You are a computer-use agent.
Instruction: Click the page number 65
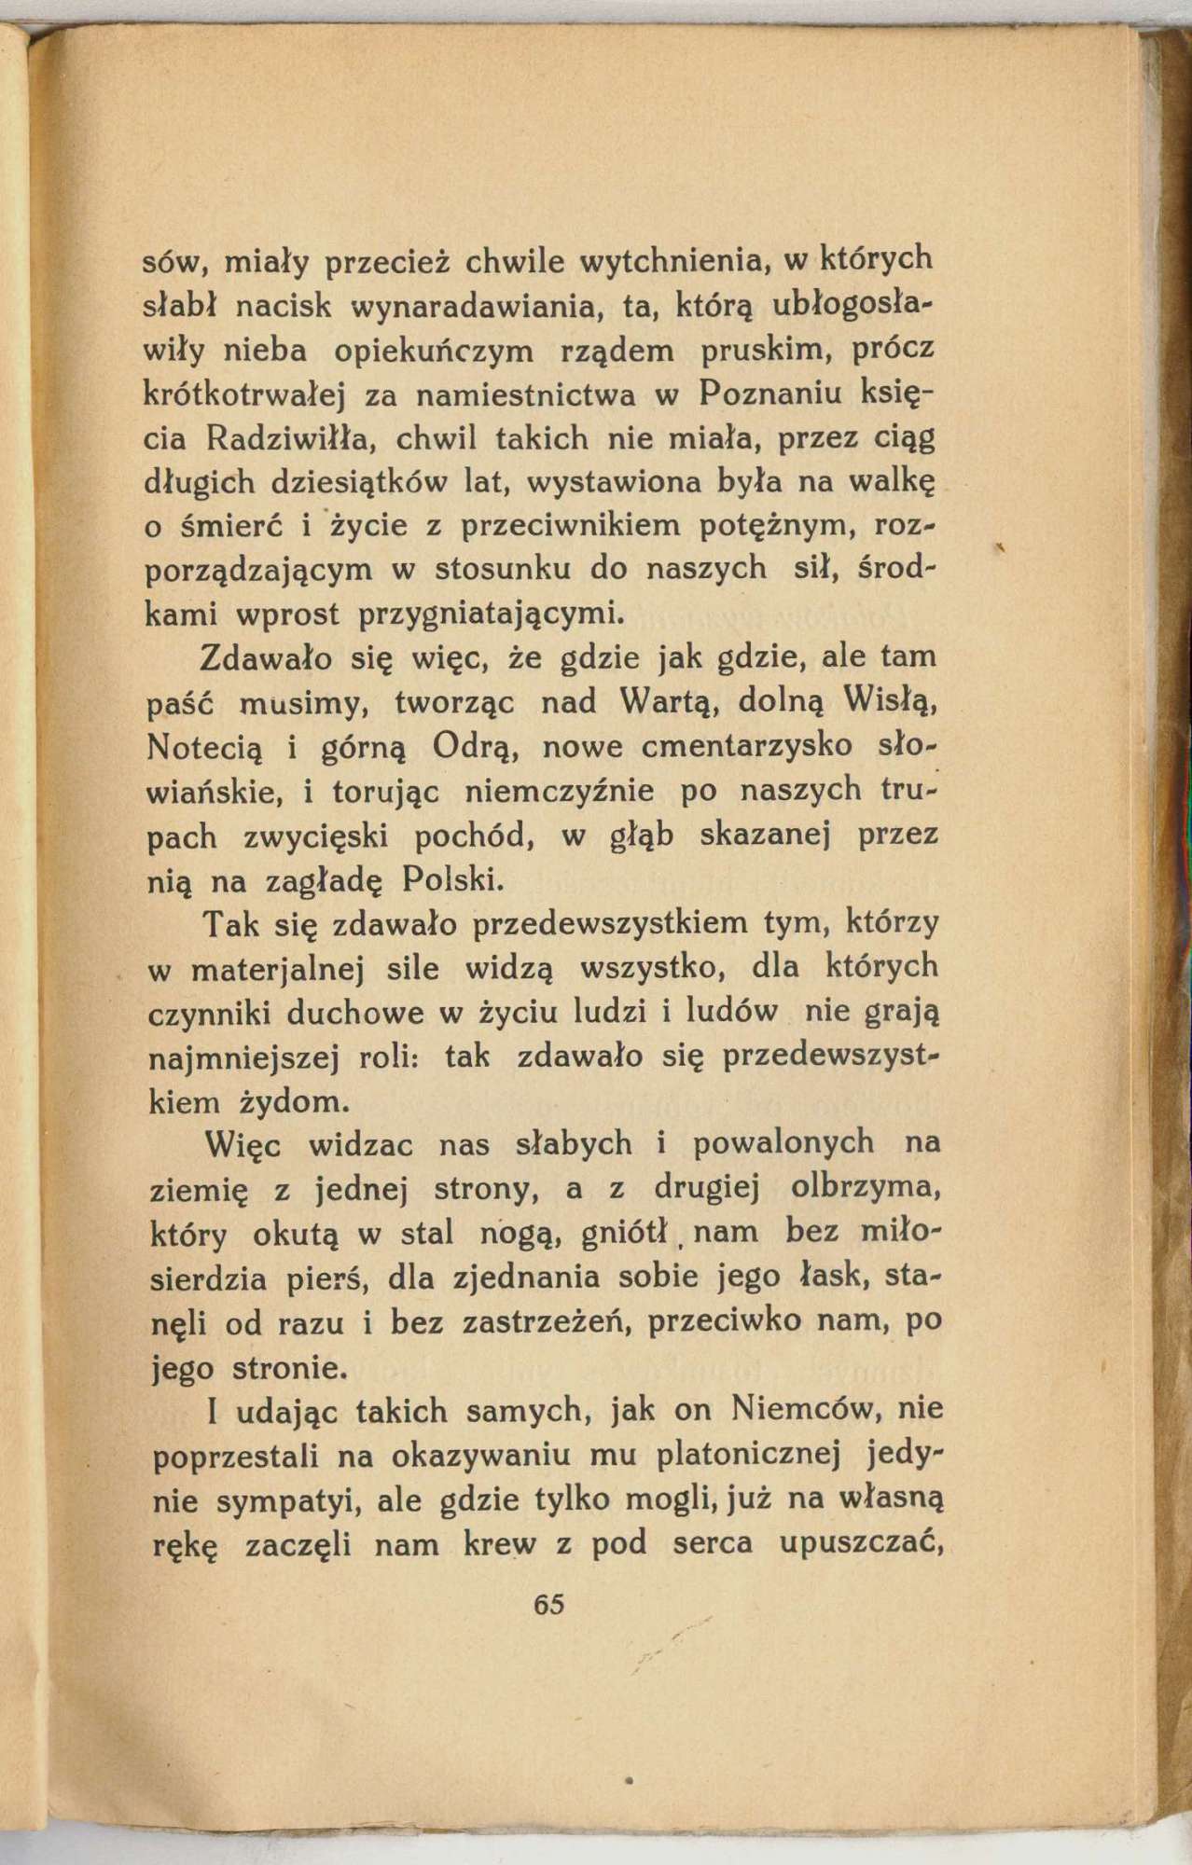coord(549,1604)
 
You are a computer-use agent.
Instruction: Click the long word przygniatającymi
coord(492,615)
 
